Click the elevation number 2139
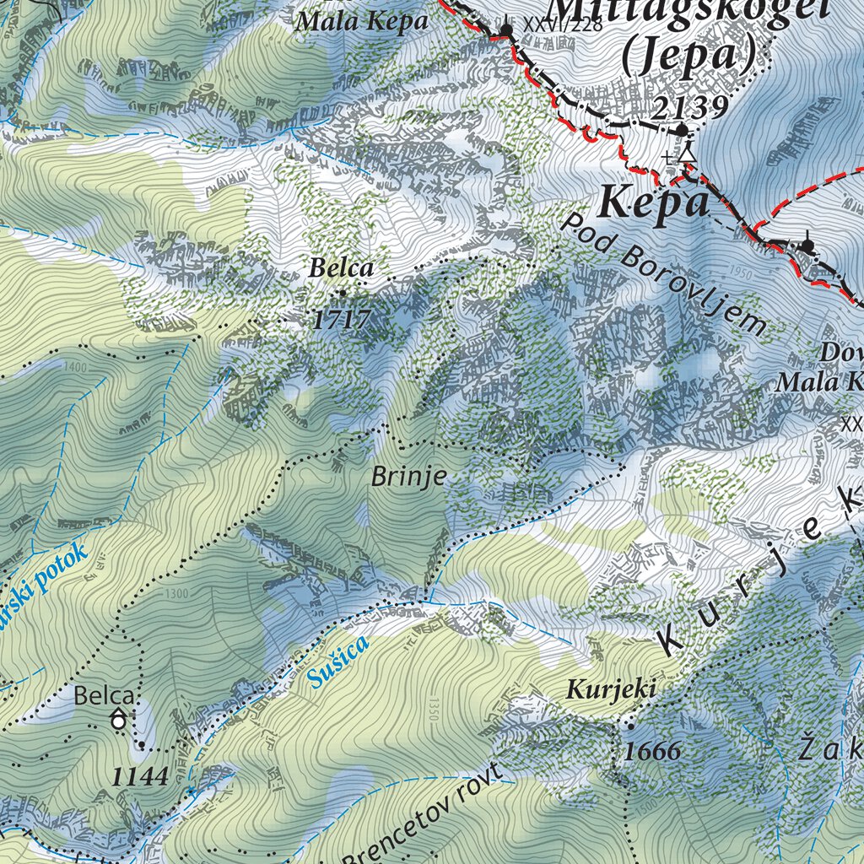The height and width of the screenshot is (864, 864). pyautogui.click(x=689, y=107)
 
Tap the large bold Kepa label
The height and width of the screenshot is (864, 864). pyautogui.click(x=654, y=204)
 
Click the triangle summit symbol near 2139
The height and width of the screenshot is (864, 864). pyautogui.click(x=688, y=154)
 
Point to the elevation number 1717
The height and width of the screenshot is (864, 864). pyautogui.click(x=342, y=319)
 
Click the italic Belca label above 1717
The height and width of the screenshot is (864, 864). pyautogui.click(x=341, y=269)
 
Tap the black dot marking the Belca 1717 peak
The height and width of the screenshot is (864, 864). pyautogui.click(x=342, y=294)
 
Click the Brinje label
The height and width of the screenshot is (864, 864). pyautogui.click(x=408, y=477)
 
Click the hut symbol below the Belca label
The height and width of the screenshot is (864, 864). pyautogui.click(x=119, y=721)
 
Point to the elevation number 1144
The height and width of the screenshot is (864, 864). pyautogui.click(x=138, y=777)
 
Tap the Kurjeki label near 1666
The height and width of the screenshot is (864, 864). pyautogui.click(x=611, y=689)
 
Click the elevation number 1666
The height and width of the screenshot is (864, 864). pyautogui.click(x=654, y=750)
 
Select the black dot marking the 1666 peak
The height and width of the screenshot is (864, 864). pyautogui.click(x=629, y=725)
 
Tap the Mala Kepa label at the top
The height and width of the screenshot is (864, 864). pyautogui.click(x=362, y=22)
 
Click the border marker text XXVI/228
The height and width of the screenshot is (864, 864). pyautogui.click(x=563, y=24)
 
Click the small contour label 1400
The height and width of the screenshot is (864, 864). pyautogui.click(x=75, y=368)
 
